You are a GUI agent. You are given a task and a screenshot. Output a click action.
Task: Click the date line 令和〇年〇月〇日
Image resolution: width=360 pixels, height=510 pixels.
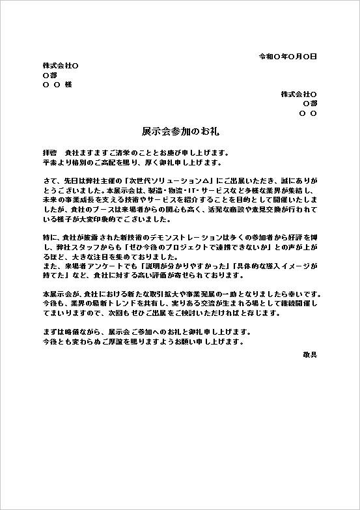coord(287,57)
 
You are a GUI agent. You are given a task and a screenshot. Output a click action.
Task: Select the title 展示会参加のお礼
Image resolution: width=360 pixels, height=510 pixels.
coord(180,131)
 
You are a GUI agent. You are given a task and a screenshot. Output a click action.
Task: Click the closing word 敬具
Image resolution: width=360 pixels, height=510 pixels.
coord(310,354)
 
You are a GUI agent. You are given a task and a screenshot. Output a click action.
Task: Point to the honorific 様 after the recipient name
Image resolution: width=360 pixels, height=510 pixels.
coord(68,85)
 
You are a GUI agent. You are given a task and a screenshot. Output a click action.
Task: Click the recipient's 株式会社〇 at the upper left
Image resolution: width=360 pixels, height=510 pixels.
coord(61,66)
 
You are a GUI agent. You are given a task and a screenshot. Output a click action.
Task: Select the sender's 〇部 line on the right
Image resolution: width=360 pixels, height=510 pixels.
coord(310,104)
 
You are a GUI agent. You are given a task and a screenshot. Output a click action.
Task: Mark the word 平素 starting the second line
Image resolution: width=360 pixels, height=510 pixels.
coord(50,162)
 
